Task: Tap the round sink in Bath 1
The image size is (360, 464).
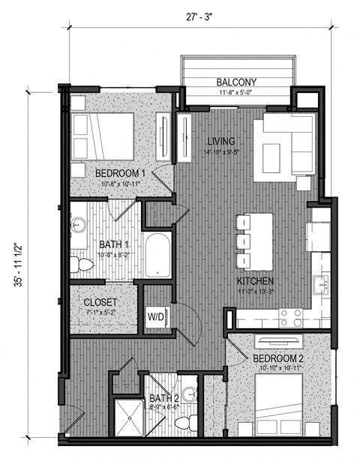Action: [79, 226]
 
